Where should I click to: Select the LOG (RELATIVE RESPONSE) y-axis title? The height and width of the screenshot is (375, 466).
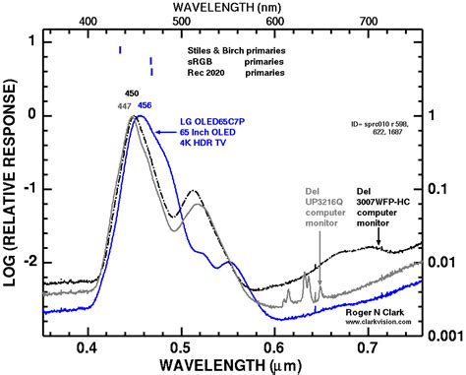click(x=12, y=187)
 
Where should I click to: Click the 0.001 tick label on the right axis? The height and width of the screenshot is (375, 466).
click(x=445, y=335)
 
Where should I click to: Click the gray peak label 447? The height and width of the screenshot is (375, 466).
click(x=124, y=105)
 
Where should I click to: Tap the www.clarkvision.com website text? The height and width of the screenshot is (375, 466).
click(x=379, y=321)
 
